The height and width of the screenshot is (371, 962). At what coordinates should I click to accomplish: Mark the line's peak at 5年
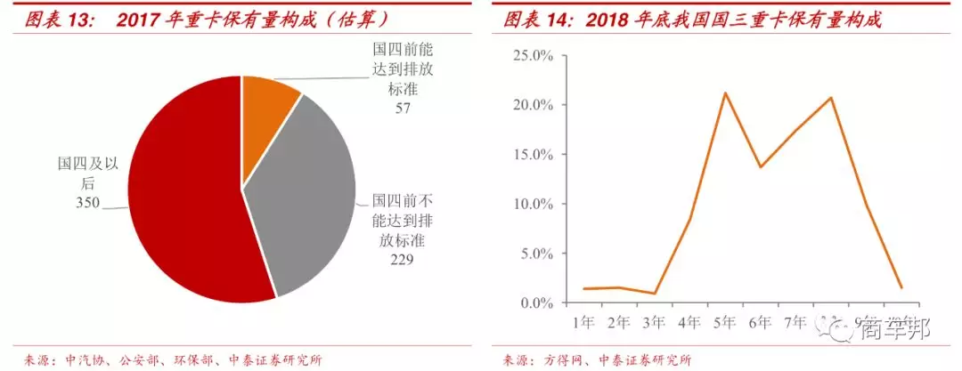point(725,93)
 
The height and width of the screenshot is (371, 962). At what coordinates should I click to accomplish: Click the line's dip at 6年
point(760,167)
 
